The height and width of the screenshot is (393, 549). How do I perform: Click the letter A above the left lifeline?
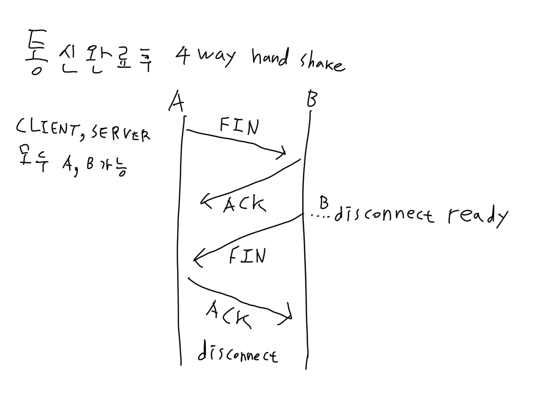pos(176,101)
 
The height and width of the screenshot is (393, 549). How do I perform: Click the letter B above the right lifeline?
pos(312,99)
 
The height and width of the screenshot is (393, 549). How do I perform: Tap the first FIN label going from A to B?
pos(239,127)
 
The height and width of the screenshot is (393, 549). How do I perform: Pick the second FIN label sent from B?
pos(247,256)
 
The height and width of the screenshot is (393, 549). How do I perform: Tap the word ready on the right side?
pos(478,217)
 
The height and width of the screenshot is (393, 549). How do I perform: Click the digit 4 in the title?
pos(183,56)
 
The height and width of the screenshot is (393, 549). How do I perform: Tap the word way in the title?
pos(217,57)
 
